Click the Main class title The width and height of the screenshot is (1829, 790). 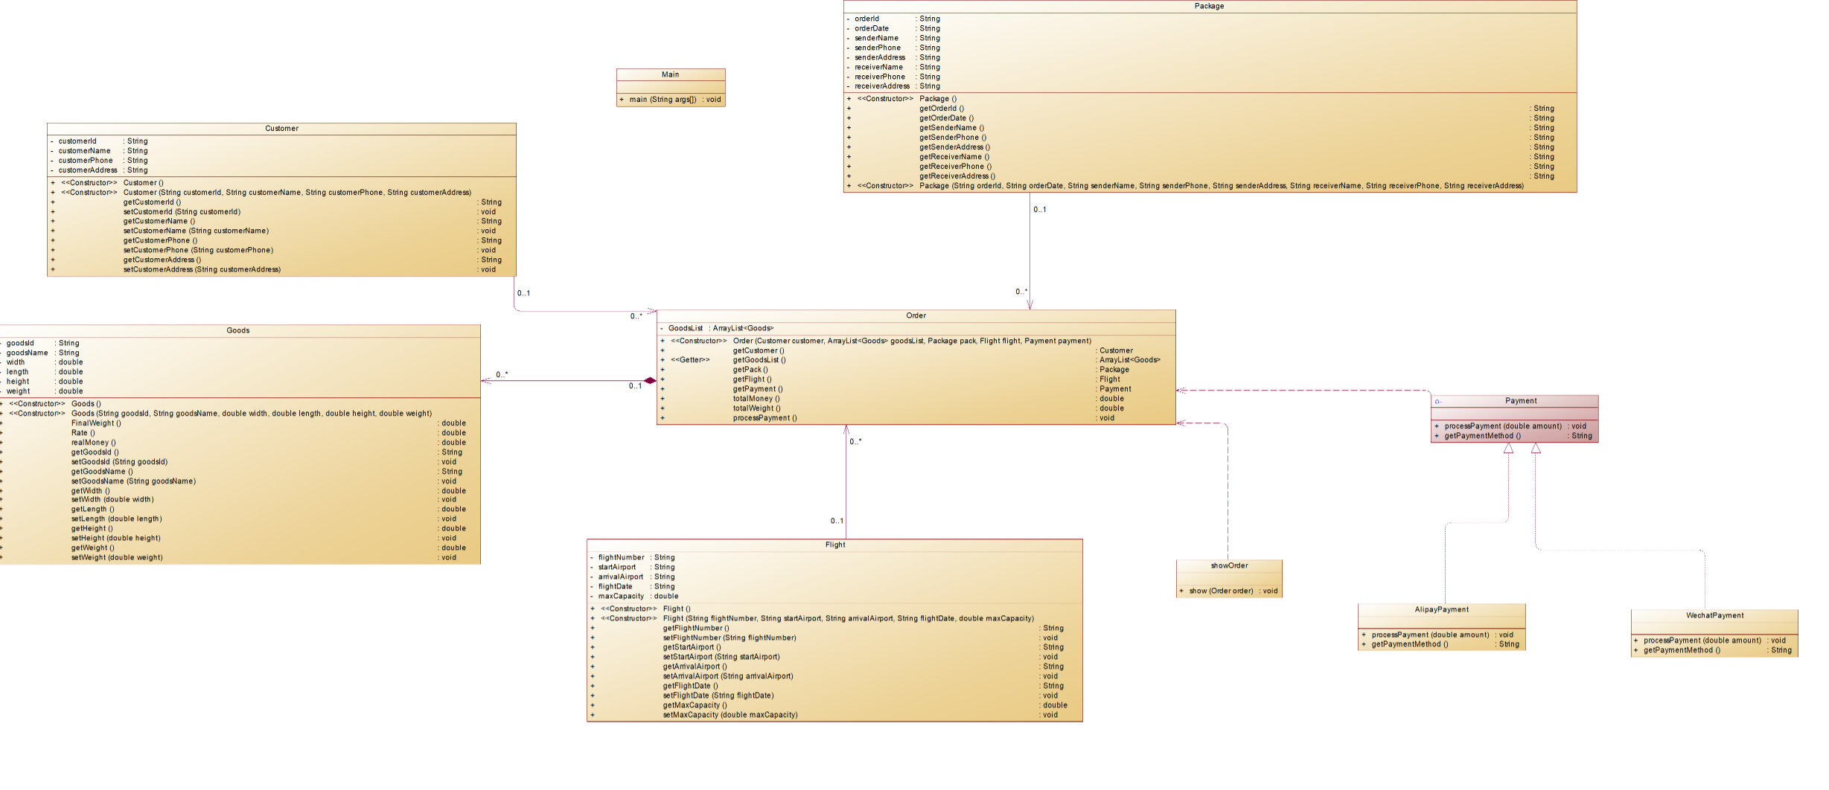click(670, 74)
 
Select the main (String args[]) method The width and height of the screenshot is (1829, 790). click(663, 100)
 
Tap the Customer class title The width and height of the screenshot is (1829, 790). click(281, 129)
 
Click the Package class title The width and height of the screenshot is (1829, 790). click(1209, 6)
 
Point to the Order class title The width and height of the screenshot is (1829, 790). click(916, 316)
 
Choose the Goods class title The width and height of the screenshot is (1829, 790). click(238, 330)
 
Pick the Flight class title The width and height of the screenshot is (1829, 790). click(835, 545)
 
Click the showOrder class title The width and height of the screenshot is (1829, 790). click(1229, 566)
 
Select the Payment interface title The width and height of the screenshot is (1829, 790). click(1520, 401)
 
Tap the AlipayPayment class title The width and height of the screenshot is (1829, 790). click(1441, 610)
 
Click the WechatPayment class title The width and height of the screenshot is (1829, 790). click(1714, 616)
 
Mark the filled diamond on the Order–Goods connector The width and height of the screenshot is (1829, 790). click(650, 381)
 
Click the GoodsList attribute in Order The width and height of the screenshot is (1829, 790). click(686, 328)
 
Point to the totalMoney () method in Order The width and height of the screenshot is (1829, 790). click(756, 399)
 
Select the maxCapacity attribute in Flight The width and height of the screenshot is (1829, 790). click(621, 597)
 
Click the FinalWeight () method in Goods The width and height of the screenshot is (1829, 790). click(96, 423)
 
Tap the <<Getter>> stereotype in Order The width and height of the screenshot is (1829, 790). click(690, 360)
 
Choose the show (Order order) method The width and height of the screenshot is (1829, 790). click(1221, 591)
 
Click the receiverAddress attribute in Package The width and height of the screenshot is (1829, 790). click(882, 86)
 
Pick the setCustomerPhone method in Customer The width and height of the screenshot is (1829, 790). click(198, 251)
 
